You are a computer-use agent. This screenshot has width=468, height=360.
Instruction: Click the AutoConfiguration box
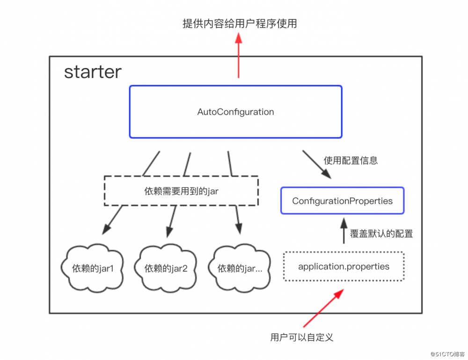click(235, 112)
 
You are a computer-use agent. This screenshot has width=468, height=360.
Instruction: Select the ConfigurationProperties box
click(342, 201)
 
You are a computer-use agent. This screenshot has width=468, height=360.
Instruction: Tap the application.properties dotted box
click(344, 267)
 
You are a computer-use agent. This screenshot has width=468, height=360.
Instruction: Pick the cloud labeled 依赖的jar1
click(92, 269)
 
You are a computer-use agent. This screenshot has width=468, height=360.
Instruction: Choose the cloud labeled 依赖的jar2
click(166, 269)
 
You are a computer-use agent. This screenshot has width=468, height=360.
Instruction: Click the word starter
click(93, 72)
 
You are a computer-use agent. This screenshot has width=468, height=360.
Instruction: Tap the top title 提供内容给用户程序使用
click(240, 24)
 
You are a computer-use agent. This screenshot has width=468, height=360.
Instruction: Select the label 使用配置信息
click(351, 160)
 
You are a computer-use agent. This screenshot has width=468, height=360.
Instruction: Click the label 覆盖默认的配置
click(381, 233)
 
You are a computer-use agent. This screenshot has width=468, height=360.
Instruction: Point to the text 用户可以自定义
click(302, 337)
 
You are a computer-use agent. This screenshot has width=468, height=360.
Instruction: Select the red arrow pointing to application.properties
click(323, 308)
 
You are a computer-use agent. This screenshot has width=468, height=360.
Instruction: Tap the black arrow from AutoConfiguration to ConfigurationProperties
click(316, 164)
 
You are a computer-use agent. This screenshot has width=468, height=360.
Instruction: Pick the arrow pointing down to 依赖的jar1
click(112, 219)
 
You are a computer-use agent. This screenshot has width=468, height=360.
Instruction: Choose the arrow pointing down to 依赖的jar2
click(171, 221)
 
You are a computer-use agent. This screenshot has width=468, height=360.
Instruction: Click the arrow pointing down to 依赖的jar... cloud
click(237, 220)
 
